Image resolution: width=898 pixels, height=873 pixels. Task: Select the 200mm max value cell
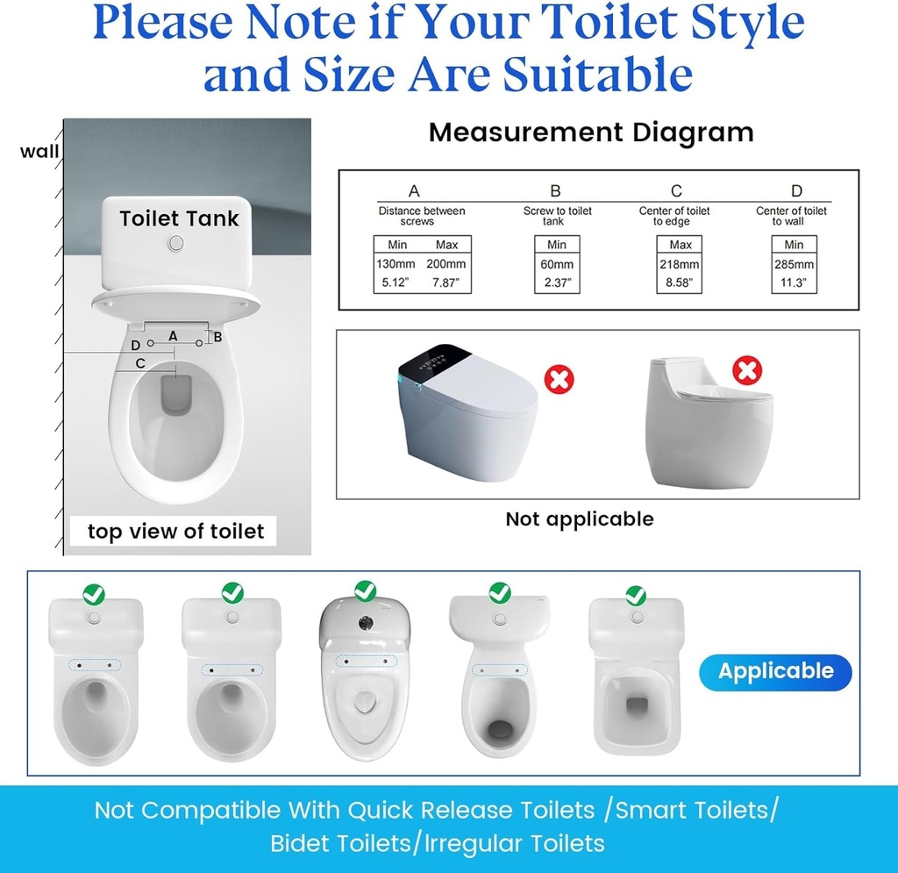pos(447,264)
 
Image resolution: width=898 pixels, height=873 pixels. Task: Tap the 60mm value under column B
pos(557,264)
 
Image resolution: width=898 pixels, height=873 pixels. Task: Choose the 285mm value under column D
pos(794,264)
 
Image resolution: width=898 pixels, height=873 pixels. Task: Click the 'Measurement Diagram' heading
pos(591,132)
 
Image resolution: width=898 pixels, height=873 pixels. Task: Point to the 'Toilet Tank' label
pos(179,218)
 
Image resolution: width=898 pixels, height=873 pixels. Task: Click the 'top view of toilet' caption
pos(175,531)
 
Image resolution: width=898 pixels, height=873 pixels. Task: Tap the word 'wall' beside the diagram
pos(39,151)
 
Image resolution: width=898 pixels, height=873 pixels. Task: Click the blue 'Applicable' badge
pos(775,671)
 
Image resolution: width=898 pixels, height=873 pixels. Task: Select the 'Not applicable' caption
pos(579,519)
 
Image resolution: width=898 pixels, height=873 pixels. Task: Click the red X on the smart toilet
pos(559,380)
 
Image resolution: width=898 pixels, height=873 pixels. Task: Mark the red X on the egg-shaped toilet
pos(747,371)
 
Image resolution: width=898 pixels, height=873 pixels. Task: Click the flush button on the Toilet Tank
pos(176,241)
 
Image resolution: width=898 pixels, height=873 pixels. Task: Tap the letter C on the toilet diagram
pos(139,362)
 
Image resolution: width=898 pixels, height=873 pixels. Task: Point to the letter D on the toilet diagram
pos(135,345)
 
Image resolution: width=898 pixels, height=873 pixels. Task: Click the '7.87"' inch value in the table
pos(447,283)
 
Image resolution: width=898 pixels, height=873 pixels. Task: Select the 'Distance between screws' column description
pos(422,216)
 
